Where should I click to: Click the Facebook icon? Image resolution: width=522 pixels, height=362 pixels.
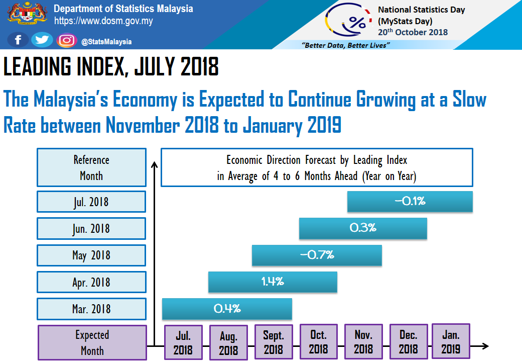(x=18, y=40)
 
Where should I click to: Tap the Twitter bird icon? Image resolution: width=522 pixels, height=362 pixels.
(x=42, y=40)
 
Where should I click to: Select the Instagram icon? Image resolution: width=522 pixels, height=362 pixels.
(x=66, y=40)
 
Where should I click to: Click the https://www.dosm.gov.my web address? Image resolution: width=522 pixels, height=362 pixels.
(x=103, y=21)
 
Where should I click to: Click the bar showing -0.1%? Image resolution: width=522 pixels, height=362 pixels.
(x=410, y=202)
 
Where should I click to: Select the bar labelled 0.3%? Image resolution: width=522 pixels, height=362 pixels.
(x=363, y=228)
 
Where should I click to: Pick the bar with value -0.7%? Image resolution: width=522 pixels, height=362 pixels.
(x=317, y=255)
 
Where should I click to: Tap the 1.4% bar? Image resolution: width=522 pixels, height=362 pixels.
(x=273, y=282)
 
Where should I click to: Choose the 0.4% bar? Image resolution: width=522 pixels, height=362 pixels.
(x=227, y=308)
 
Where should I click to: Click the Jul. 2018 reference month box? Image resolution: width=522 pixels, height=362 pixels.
(x=91, y=202)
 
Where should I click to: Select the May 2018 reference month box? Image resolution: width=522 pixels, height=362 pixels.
(x=91, y=255)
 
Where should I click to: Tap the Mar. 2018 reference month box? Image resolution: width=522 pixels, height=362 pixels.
(x=91, y=309)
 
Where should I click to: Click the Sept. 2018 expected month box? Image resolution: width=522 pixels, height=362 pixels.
(x=273, y=342)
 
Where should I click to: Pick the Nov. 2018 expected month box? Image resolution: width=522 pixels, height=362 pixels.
(x=363, y=341)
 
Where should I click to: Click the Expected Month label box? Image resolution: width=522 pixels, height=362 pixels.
(x=92, y=342)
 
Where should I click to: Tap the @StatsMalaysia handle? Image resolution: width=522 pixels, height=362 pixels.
(x=106, y=42)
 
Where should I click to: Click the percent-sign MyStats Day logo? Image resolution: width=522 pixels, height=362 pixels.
(x=357, y=23)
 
